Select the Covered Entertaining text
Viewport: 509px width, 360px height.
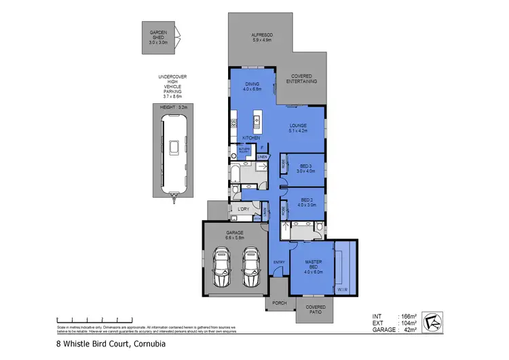tap(301, 79)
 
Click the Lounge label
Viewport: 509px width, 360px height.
tap(297, 127)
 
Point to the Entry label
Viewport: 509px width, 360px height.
tap(279, 262)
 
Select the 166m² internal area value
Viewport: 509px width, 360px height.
tap(407, 317)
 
